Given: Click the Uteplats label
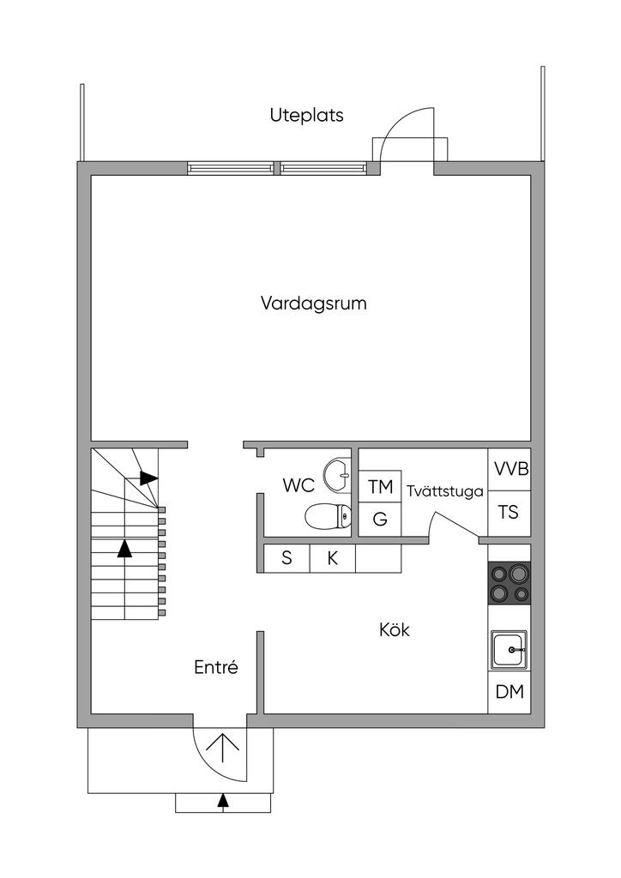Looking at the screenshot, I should click(x=306, y=115).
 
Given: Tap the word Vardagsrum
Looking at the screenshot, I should click(x=314, y=304).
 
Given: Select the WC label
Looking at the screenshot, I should click(x=298, y=485).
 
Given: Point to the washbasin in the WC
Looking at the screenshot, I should click(x=336, y=473).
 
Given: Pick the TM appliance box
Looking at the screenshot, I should click(x=380, y=487).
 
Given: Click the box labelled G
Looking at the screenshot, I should click(x=380, y=520).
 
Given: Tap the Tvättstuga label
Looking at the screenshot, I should click(x=445, y=492).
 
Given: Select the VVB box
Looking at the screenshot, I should click(x=509, y=469).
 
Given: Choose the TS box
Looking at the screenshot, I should click(x=509, y=513).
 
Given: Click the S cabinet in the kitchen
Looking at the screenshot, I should click(x=286, y=558).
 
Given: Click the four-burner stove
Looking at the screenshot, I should click(x=509, y=583).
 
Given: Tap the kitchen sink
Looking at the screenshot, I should click(x=509, y=650).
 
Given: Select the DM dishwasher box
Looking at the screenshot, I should click(x=509, y=692).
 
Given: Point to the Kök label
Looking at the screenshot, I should click(x=395, y=630).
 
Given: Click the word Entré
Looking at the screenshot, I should click(x=215, y=667).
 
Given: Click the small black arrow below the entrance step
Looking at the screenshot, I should click(x=224, y=801).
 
